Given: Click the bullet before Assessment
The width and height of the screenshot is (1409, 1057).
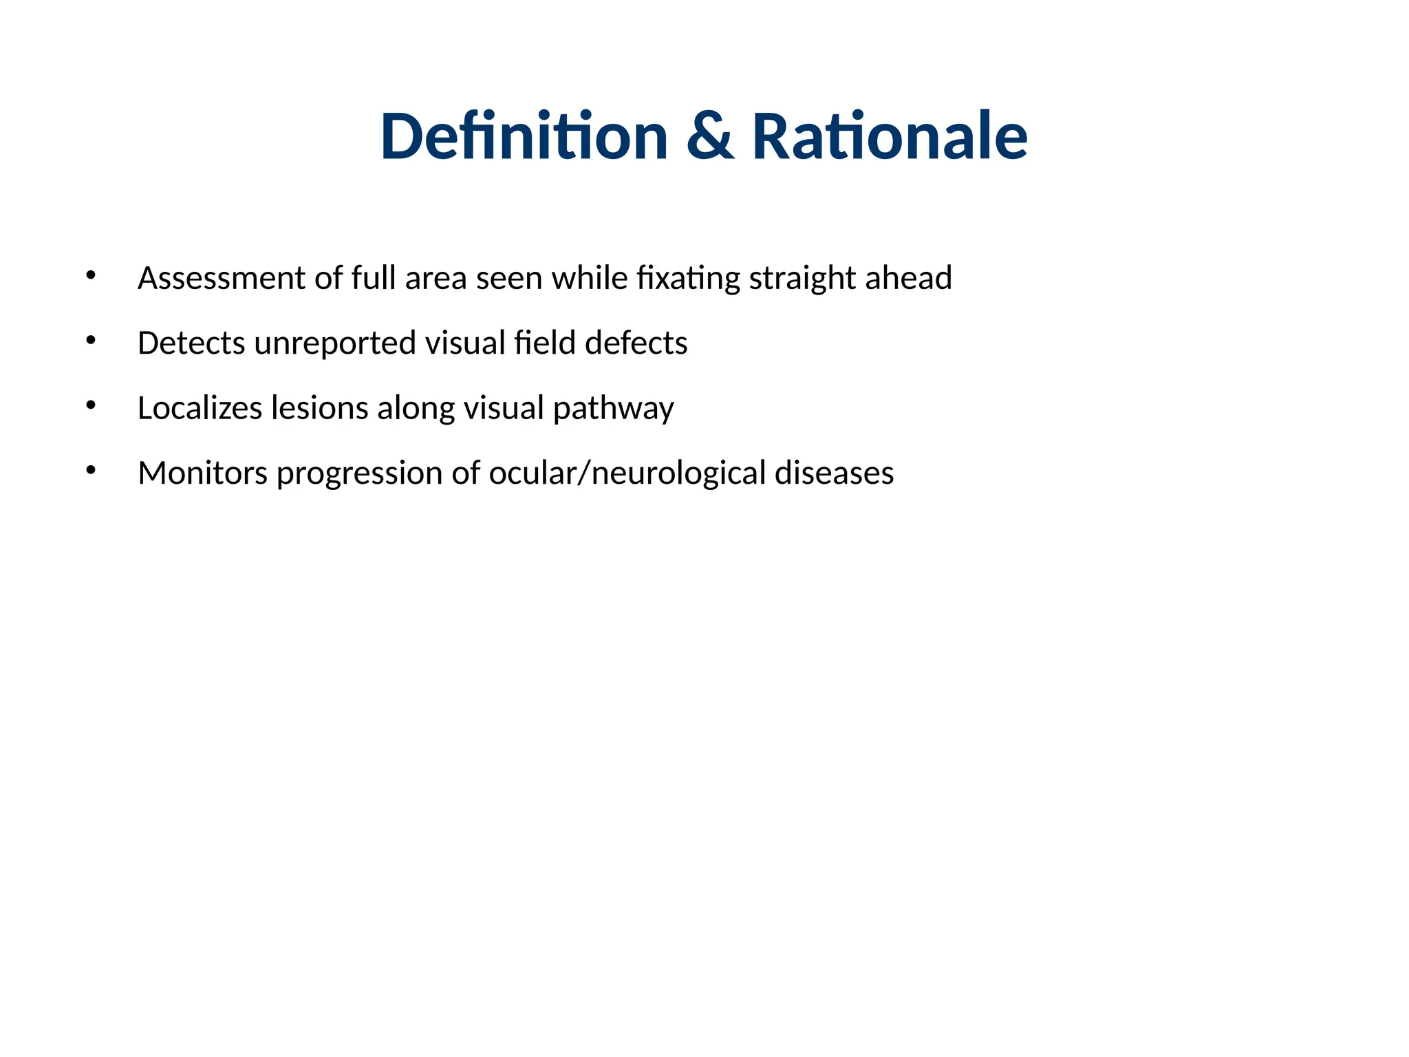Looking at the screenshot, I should point(91,276).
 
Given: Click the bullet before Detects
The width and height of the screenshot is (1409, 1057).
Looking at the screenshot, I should point(91,341).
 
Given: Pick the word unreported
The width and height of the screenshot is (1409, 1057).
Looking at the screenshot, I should point(335,343).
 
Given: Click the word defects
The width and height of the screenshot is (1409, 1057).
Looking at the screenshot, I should point(636,343).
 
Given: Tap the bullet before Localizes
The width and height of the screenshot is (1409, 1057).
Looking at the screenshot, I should point(91,405).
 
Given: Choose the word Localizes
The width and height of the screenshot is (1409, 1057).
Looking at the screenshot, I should point(200,408).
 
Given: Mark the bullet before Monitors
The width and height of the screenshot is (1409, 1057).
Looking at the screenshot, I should point(91,471).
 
